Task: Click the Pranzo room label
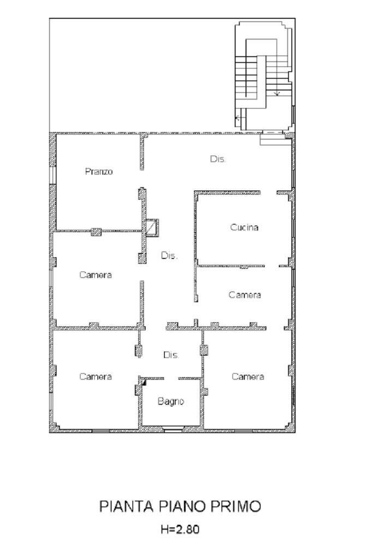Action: [x=99, y=172]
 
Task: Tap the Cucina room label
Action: [x=244, y=227]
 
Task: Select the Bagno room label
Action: [x=171, y=401]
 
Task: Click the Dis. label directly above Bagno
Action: [x=171, y=355]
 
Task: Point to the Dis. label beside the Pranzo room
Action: [x=218, y=159]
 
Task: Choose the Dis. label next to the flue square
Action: [x=169, y=255]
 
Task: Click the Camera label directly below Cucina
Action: [x=244, y=295]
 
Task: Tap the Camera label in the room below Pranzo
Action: [x=96, y=275]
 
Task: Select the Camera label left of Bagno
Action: [x=96, y=377]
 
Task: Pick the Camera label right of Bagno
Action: [x=247, y=377]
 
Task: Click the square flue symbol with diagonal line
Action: [x=151, y=227]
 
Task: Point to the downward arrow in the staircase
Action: [x=277, y=93]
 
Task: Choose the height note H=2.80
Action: [x=179, y=529]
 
